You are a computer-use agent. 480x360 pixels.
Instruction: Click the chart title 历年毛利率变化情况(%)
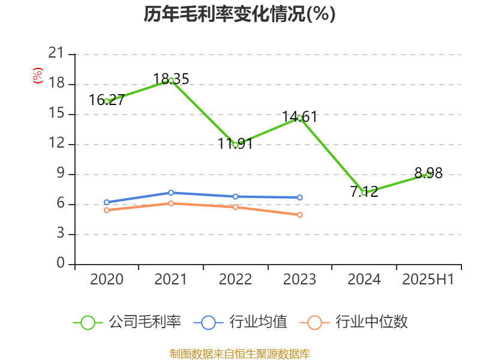point(239,14)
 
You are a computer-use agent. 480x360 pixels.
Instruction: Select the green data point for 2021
point(171,80)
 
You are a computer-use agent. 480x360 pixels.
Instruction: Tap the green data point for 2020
point(107,101)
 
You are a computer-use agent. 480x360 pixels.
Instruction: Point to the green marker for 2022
point(235,145)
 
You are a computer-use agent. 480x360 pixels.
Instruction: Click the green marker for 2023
point(299,118)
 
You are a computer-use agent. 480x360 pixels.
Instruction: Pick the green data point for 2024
point(364,193)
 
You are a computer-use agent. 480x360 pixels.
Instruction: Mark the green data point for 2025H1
point(428,174)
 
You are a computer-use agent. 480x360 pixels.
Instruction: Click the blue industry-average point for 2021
point(171,193)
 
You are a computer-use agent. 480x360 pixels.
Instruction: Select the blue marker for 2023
point(299,197)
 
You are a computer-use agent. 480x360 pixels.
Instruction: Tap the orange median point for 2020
point(107,210)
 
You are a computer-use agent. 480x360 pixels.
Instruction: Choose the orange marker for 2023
point(299,215)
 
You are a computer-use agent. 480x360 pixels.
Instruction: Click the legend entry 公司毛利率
point(127,322)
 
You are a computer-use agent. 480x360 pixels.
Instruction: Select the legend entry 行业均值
point(241,322)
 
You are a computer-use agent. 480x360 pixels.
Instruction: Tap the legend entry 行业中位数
point(358,322)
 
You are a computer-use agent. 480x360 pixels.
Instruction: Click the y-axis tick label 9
point(60,174)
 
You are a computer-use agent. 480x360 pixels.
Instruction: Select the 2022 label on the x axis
point(235,280)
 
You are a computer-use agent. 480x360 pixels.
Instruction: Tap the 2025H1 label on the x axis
point(428,280)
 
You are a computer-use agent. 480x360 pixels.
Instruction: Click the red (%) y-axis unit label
point(38,76)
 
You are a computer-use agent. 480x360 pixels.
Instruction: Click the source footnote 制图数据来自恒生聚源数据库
point(239,353)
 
